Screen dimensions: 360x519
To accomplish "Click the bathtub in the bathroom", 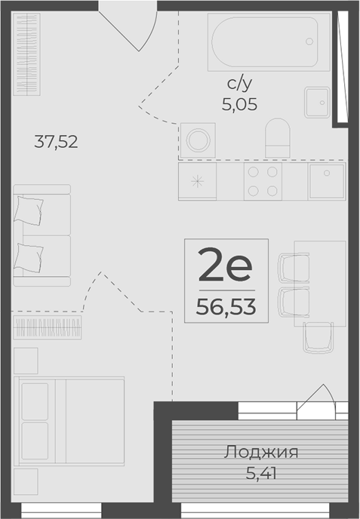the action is (269, 42).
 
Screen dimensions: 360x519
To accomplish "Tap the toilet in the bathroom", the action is (278, 138).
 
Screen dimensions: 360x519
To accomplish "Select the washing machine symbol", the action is (198, 140).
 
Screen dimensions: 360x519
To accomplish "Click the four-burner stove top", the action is (263, 181).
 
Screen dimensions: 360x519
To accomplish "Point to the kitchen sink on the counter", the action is (327, 181).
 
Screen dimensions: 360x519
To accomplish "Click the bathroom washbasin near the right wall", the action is (317, 103).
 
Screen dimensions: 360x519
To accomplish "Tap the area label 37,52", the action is (56, 142).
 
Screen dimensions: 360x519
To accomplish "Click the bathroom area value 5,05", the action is (239, 105).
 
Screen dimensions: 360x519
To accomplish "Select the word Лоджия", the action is (261, 452).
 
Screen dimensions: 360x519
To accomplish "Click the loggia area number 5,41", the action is (261, 473).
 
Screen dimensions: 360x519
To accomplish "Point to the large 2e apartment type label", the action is (225, 265).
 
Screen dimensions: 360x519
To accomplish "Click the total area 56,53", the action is (226, 307).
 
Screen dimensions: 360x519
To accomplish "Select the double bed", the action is (69, 421).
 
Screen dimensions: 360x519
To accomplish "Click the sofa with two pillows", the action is (42, 235).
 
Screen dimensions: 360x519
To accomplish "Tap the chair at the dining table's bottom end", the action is (318, 337).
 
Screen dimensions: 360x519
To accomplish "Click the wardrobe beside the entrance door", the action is (26, 54).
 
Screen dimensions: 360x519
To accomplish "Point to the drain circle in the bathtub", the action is (309, 41).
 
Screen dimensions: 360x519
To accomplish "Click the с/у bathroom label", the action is (239, 84).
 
